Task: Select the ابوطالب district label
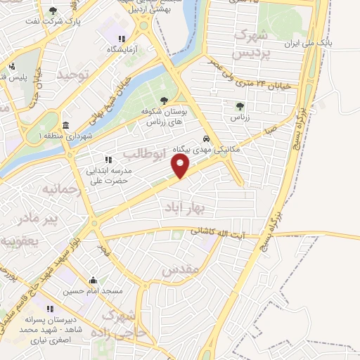(x=143, y=153)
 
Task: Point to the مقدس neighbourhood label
(x=181, y=269)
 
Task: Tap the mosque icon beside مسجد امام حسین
(x=93, y=281)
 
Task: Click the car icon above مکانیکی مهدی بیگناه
(x=206, y=139)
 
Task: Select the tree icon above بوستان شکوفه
(x=164, y=101)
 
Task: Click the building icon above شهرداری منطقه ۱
(x=65, y=125)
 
